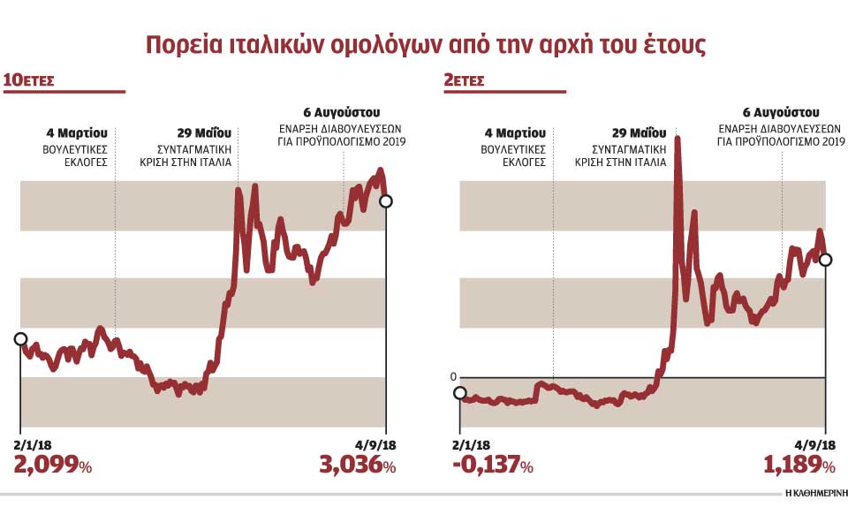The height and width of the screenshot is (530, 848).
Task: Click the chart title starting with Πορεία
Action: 424,44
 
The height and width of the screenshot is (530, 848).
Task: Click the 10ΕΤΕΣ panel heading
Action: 30,80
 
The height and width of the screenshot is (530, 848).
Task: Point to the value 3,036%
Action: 357,465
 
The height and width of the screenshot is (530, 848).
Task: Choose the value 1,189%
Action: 799,465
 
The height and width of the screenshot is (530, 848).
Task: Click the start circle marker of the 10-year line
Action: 20,338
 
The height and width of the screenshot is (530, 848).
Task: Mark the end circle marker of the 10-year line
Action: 385,201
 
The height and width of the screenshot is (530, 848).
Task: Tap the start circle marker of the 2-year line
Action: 459,393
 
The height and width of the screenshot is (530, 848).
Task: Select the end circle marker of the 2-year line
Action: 825,260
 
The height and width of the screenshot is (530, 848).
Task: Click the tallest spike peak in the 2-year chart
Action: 678,138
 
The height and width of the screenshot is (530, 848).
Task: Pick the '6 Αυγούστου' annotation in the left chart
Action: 341,113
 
